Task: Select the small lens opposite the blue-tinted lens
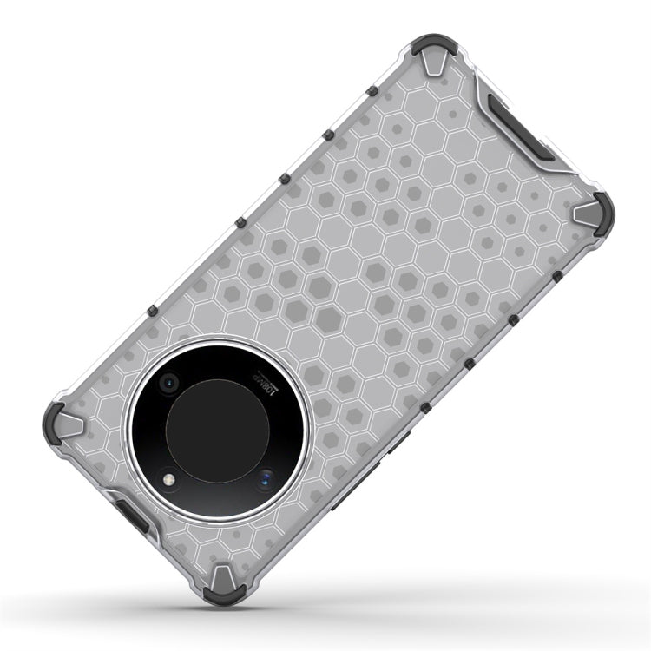(168, 381)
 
